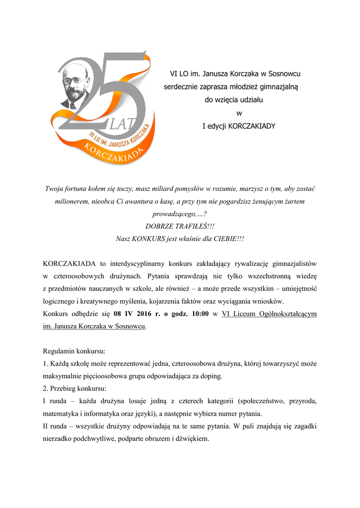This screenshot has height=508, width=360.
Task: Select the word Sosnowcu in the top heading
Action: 285,74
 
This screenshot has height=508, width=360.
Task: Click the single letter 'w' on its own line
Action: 239,113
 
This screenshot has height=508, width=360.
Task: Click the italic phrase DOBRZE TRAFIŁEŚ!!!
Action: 180,226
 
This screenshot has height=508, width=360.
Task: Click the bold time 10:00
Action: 198,314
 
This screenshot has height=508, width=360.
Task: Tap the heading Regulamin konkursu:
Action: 74,351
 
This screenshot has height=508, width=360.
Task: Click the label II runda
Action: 56,426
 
